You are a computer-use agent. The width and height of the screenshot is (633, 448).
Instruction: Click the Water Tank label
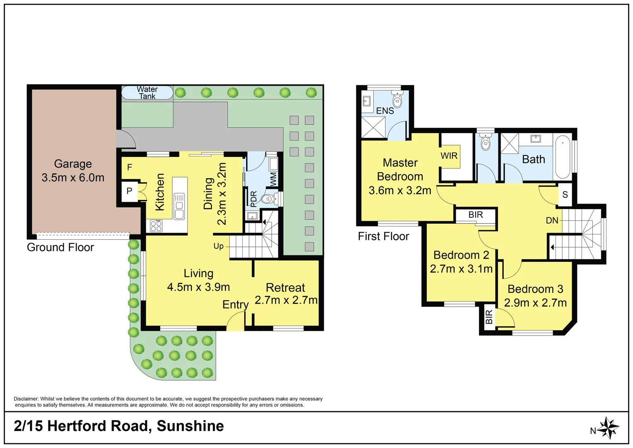[x=147, y=93]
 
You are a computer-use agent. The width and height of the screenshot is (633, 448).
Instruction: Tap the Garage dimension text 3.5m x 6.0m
[x=73, y=178]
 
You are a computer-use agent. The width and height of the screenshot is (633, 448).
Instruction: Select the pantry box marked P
[x=129, y=191]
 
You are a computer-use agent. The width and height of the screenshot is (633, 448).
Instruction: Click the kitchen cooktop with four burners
[x=156, y=226]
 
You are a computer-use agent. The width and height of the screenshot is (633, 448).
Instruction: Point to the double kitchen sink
[x=179, y=206]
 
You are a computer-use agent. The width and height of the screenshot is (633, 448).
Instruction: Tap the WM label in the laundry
[x=273, y=180]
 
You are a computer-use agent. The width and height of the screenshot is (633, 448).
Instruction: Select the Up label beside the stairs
[x=218, y=246]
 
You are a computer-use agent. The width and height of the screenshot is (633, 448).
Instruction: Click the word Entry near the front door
[x=235, y=305]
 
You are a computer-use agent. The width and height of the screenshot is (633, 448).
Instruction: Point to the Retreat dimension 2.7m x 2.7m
[x=286, y=300]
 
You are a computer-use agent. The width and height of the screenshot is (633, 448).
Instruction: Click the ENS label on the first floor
[x=385, y=111]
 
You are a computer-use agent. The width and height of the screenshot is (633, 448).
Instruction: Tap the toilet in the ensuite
[x=397, y=99]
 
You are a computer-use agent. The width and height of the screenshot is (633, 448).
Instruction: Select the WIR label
[x=449, y=156]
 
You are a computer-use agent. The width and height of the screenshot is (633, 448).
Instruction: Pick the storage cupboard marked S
[x=565, y=195]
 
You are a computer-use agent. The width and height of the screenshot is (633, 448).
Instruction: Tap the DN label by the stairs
[x=552, y=220]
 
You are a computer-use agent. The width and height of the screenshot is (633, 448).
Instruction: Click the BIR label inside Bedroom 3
[x=489, y=317]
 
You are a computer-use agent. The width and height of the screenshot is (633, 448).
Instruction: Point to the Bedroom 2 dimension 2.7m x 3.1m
[x=461, y=268]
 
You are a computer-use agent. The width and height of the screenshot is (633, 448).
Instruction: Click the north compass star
[x=609, y=428]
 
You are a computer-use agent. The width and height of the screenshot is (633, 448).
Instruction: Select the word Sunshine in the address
[x=190, y=426]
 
